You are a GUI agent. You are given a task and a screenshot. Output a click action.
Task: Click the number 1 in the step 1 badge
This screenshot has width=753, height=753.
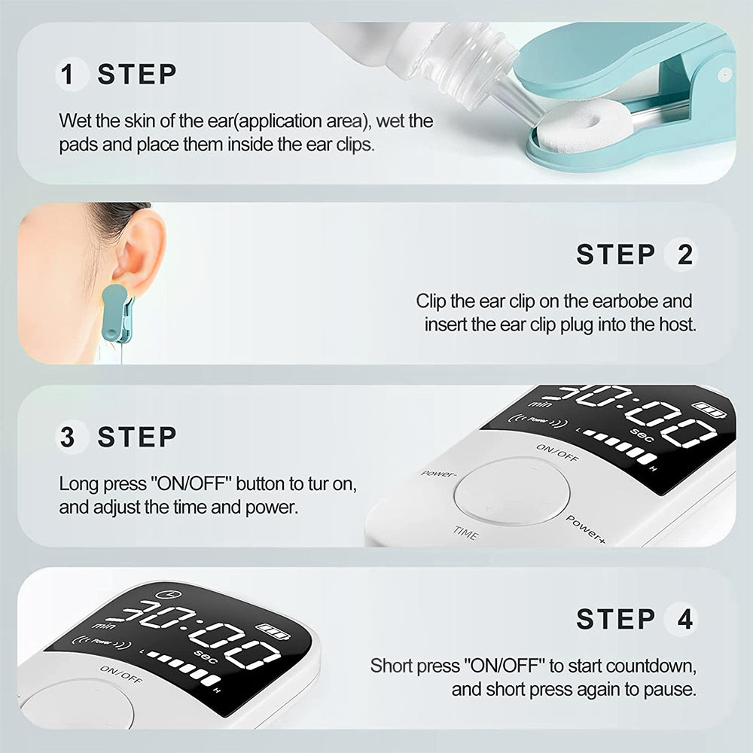67,75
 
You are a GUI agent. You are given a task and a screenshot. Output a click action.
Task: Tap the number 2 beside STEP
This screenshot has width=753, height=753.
684,255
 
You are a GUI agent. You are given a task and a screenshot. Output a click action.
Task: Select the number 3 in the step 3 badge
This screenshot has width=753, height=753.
67,437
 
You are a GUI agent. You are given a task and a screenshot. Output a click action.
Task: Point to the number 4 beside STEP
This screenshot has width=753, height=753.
684,619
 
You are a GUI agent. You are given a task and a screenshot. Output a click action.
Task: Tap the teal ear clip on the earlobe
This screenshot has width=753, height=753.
117,313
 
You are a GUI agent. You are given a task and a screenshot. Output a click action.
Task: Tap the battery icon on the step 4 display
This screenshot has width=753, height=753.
273,631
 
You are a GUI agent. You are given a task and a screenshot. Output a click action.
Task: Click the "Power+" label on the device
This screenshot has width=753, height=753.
585,529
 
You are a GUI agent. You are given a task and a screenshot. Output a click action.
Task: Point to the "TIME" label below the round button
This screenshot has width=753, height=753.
465,532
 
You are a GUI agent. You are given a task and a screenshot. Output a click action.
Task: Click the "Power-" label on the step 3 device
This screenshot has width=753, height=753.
438,474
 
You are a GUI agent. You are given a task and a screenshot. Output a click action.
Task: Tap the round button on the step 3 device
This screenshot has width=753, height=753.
512,491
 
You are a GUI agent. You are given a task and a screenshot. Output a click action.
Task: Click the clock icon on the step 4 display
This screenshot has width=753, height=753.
169,595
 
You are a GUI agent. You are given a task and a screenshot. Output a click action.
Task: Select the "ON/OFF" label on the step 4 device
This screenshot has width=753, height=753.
121,674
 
